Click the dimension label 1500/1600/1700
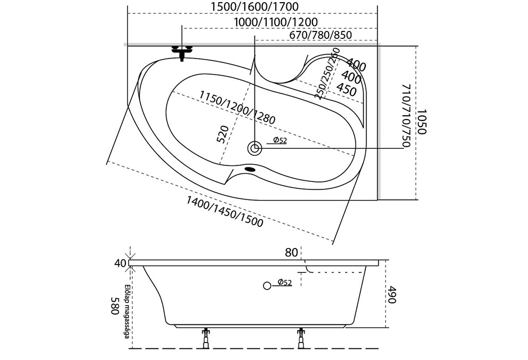[254, 6]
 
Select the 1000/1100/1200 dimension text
[276, 22]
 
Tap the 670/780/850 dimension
[320, 35]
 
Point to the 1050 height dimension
[422, 121]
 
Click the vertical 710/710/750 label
[406, 116]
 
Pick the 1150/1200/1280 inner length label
[237, 107]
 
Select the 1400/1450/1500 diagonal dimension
[225, 212]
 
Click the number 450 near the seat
[347, 89]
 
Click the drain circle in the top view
[254, 148]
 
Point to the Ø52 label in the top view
[280, 140]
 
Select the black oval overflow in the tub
[250, 169]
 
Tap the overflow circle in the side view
[267, 286]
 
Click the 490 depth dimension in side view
[391, 294]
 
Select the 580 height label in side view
[116, 306]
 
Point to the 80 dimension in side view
[291, 252]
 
